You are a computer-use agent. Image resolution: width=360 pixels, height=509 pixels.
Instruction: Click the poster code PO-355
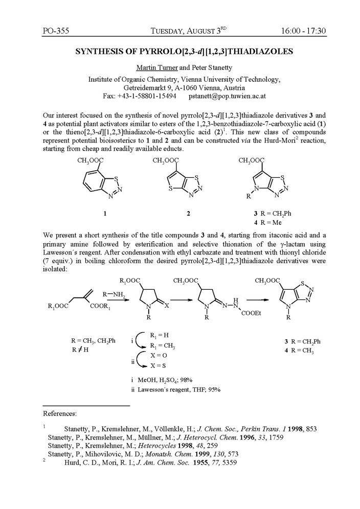56,32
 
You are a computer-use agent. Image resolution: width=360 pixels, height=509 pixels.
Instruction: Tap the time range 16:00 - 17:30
304,32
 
